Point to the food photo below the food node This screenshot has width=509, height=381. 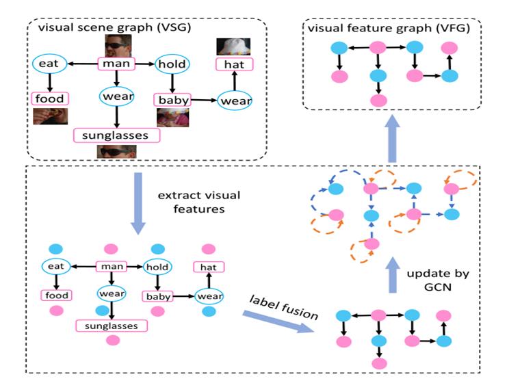tap(50, 116)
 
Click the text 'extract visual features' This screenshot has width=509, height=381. tap(198, 202)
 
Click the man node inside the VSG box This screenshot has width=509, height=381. tap(116, 64)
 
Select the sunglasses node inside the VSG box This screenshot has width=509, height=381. tap(116, 135)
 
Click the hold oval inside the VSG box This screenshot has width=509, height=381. tap(170, 64)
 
